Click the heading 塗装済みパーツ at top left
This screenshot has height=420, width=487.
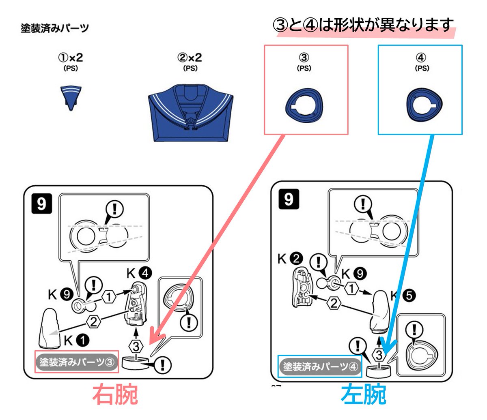55,29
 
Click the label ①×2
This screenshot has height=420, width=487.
71,58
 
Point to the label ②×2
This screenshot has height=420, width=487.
190,58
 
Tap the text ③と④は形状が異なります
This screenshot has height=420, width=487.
364,26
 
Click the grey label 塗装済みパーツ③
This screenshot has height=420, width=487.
77,362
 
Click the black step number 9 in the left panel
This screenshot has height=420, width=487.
42,204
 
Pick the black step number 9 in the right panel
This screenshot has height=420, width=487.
289,199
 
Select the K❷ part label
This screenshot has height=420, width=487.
290,259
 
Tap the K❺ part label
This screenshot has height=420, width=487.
403,296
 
